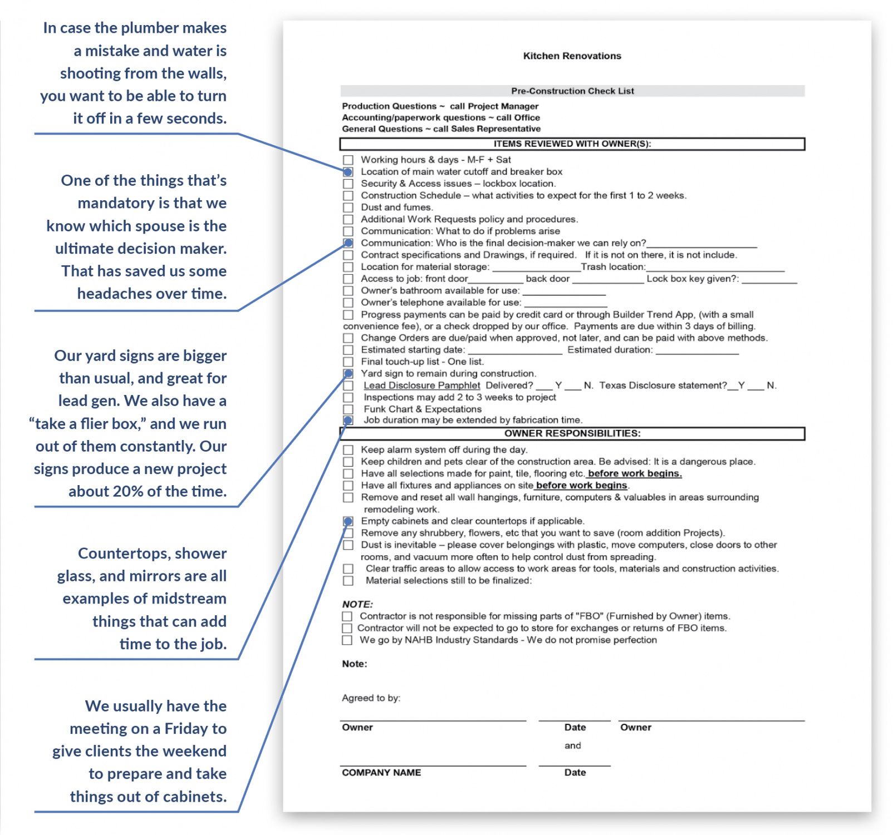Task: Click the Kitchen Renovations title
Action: [572, 56]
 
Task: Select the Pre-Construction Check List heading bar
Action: [572, 91]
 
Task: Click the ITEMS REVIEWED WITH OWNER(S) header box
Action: [572, 144]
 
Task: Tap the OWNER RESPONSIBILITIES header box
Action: [572, 433]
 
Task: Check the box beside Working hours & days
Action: [348, 160]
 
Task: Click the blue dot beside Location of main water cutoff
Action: [348, 172]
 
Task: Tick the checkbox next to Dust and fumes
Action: [348, 207]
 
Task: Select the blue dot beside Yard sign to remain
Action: [348, 373]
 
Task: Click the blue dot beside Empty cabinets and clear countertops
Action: [348, 521]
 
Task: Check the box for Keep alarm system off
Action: [348, 449]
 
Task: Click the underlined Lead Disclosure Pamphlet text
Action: [421, 385]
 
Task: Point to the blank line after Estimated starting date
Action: [515, 352]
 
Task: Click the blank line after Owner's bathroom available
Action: [563, 293]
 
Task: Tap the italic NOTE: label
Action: [357, 604]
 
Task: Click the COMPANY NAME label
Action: [381, 772]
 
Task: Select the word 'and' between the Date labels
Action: [572, 745]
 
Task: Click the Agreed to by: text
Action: [371, 698]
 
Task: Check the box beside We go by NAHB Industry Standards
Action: [347, 640]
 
